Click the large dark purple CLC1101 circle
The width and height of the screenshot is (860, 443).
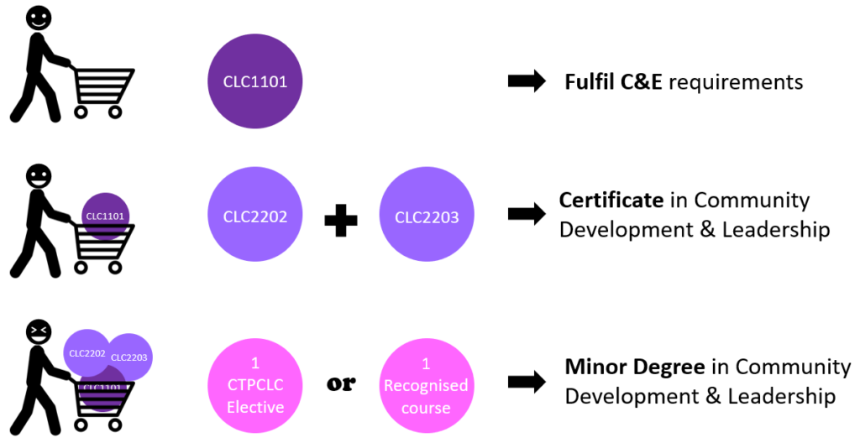click(254, 82)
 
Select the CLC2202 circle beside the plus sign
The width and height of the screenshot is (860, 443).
click(254, 216)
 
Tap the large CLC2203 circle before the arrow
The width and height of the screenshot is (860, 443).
click(427, 216)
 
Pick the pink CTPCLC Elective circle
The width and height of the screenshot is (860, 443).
click(254, 384)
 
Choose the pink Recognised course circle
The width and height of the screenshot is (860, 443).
click(426, 384)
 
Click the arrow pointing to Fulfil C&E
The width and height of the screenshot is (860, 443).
click(527, 82)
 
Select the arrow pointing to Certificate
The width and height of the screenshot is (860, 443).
click(527, 215)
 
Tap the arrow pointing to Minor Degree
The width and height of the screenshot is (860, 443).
click(527, 382)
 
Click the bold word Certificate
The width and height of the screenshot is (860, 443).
click(611, 201)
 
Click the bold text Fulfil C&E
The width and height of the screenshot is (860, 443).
click(614, 82)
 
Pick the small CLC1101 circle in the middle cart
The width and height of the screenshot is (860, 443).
click(105, 216)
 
